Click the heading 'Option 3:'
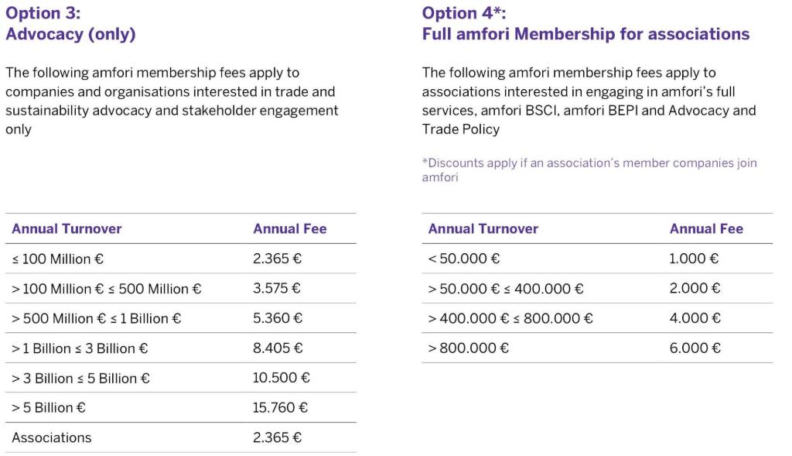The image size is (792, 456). [x=43, y=13]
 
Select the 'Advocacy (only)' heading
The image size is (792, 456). [x=70, y=34]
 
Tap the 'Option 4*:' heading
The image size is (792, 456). [x=464, y=13]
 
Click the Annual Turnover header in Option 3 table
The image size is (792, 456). [x=67, y=228]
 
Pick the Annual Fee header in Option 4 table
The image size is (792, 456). [x=706, y=228]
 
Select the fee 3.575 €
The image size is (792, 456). [x=277, y=289]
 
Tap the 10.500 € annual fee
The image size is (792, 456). [x=282, y=378]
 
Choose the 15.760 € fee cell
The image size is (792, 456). [x=282, y=407]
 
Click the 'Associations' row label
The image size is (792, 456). [x=51, y=437]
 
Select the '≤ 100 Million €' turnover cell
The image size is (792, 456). [x=57, y=259]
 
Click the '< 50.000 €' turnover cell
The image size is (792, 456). [x=464, y=259]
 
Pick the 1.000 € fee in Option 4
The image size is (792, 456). [x=694, y=259]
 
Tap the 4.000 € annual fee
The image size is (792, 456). [x=695, y=318]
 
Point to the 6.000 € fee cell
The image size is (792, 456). [x=695, y=348]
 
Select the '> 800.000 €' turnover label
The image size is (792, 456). [x=469, y=348]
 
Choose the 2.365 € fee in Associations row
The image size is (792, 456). [x=277, y=437]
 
